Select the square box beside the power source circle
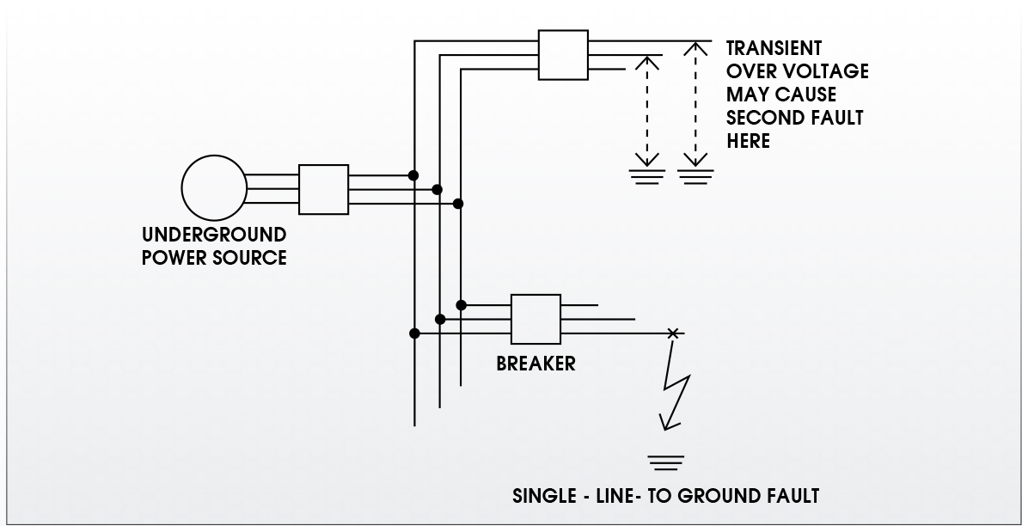click(x=323, y=189)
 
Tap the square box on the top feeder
click(x=563, y=55)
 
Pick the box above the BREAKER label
click(x=535, y=319)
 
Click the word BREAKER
click(x=535, y=364)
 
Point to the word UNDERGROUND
click(x=214, y=235)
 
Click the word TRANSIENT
click(x=774, y=48)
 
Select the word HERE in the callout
click(x=749, y=141)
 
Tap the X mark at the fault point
click(x=673, y=333)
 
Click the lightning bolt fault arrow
click(x=676, y=384)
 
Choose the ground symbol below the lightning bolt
click(x=666, y=462)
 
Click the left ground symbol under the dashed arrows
click(x=646, y=177)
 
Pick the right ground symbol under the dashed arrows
click(x=695, y=177)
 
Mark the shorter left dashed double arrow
click(x=646, y=112)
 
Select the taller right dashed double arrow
click(x=695, y=104)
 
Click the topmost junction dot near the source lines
click(x=413, y=175)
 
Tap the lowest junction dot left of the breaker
click(x=414, y=333)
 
